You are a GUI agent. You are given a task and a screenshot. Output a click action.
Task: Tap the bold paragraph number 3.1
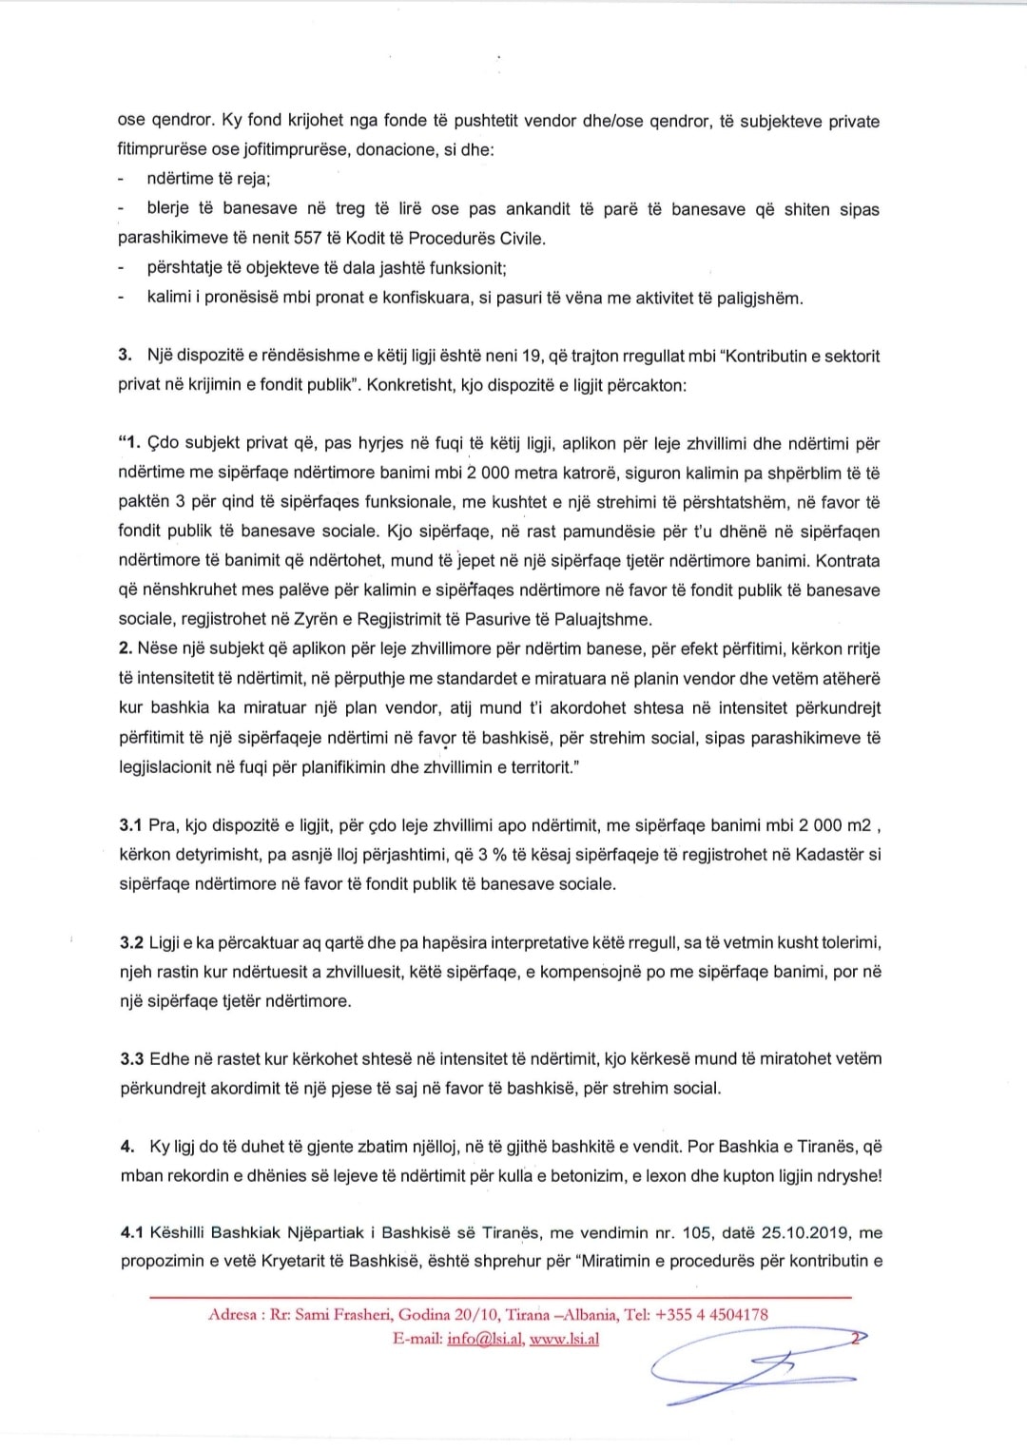pos(130,824)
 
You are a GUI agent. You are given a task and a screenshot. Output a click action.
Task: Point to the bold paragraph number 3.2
pos(131,942)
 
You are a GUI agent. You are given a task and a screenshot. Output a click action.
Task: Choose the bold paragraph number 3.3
pos(131,1058)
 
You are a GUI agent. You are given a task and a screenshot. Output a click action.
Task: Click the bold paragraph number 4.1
pos(131,1232)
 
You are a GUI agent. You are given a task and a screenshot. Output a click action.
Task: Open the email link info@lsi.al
pos(485,1340)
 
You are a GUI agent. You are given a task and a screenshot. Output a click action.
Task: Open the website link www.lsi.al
pos(564,1340)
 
